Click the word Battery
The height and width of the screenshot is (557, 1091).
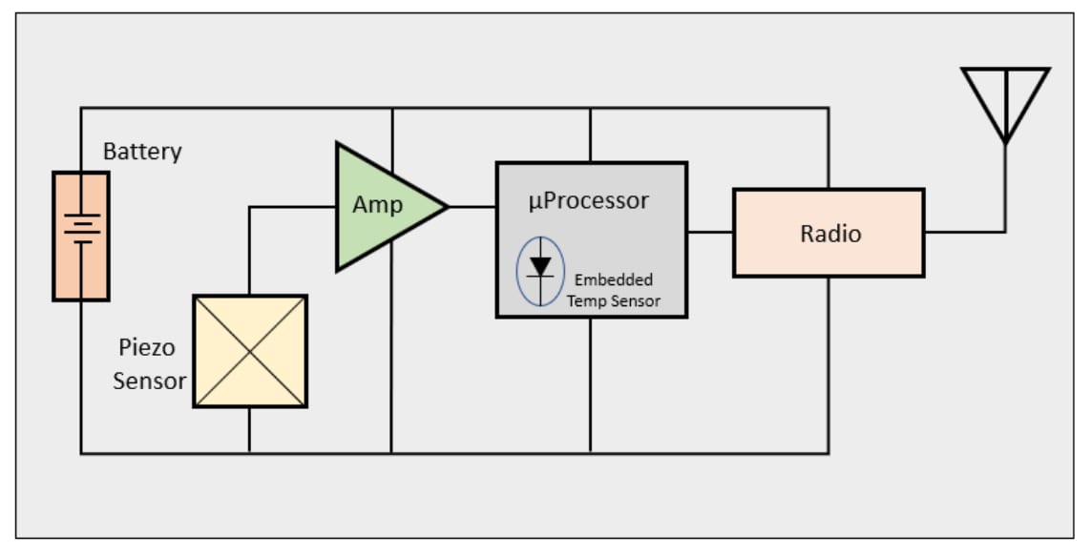click(142, 151)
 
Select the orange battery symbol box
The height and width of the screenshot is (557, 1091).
click(81, 236)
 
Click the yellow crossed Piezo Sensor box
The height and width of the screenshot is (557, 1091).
click(250, 351)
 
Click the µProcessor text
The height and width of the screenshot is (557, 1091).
click(589, 200)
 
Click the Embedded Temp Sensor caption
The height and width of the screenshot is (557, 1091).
click(613, 291)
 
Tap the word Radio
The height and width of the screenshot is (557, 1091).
click(830, 234)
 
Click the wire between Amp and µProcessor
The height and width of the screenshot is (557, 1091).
click(472, 206)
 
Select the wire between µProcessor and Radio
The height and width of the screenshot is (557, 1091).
click(710, 232)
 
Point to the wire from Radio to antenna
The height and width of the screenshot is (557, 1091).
click(964, 232)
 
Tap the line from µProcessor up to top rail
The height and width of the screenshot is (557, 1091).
click(590, 134)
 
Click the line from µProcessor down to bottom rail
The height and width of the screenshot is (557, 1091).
click(590, 385)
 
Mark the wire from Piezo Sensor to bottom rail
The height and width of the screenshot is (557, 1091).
click(249, 430)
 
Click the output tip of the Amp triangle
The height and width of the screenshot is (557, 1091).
click(446, 206)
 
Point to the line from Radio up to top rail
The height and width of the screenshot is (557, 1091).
click(828, 148)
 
